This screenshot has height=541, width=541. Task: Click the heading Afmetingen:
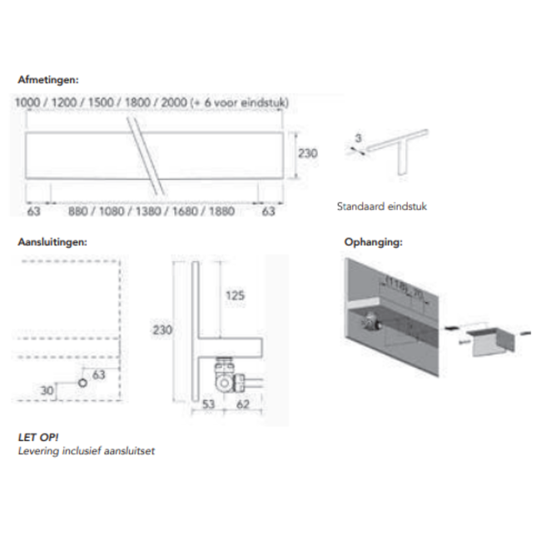[x=48, y=82]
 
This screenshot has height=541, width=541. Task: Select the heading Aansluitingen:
[x=52, y=242]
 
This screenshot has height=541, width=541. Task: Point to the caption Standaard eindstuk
[x=381, y=206]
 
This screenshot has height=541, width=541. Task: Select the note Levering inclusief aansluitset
[x=87, y=451]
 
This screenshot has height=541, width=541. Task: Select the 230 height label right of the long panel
[x=309, y=153]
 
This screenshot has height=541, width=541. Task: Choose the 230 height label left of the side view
[x=162, y=330]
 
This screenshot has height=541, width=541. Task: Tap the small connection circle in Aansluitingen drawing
[x=82, y=382]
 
